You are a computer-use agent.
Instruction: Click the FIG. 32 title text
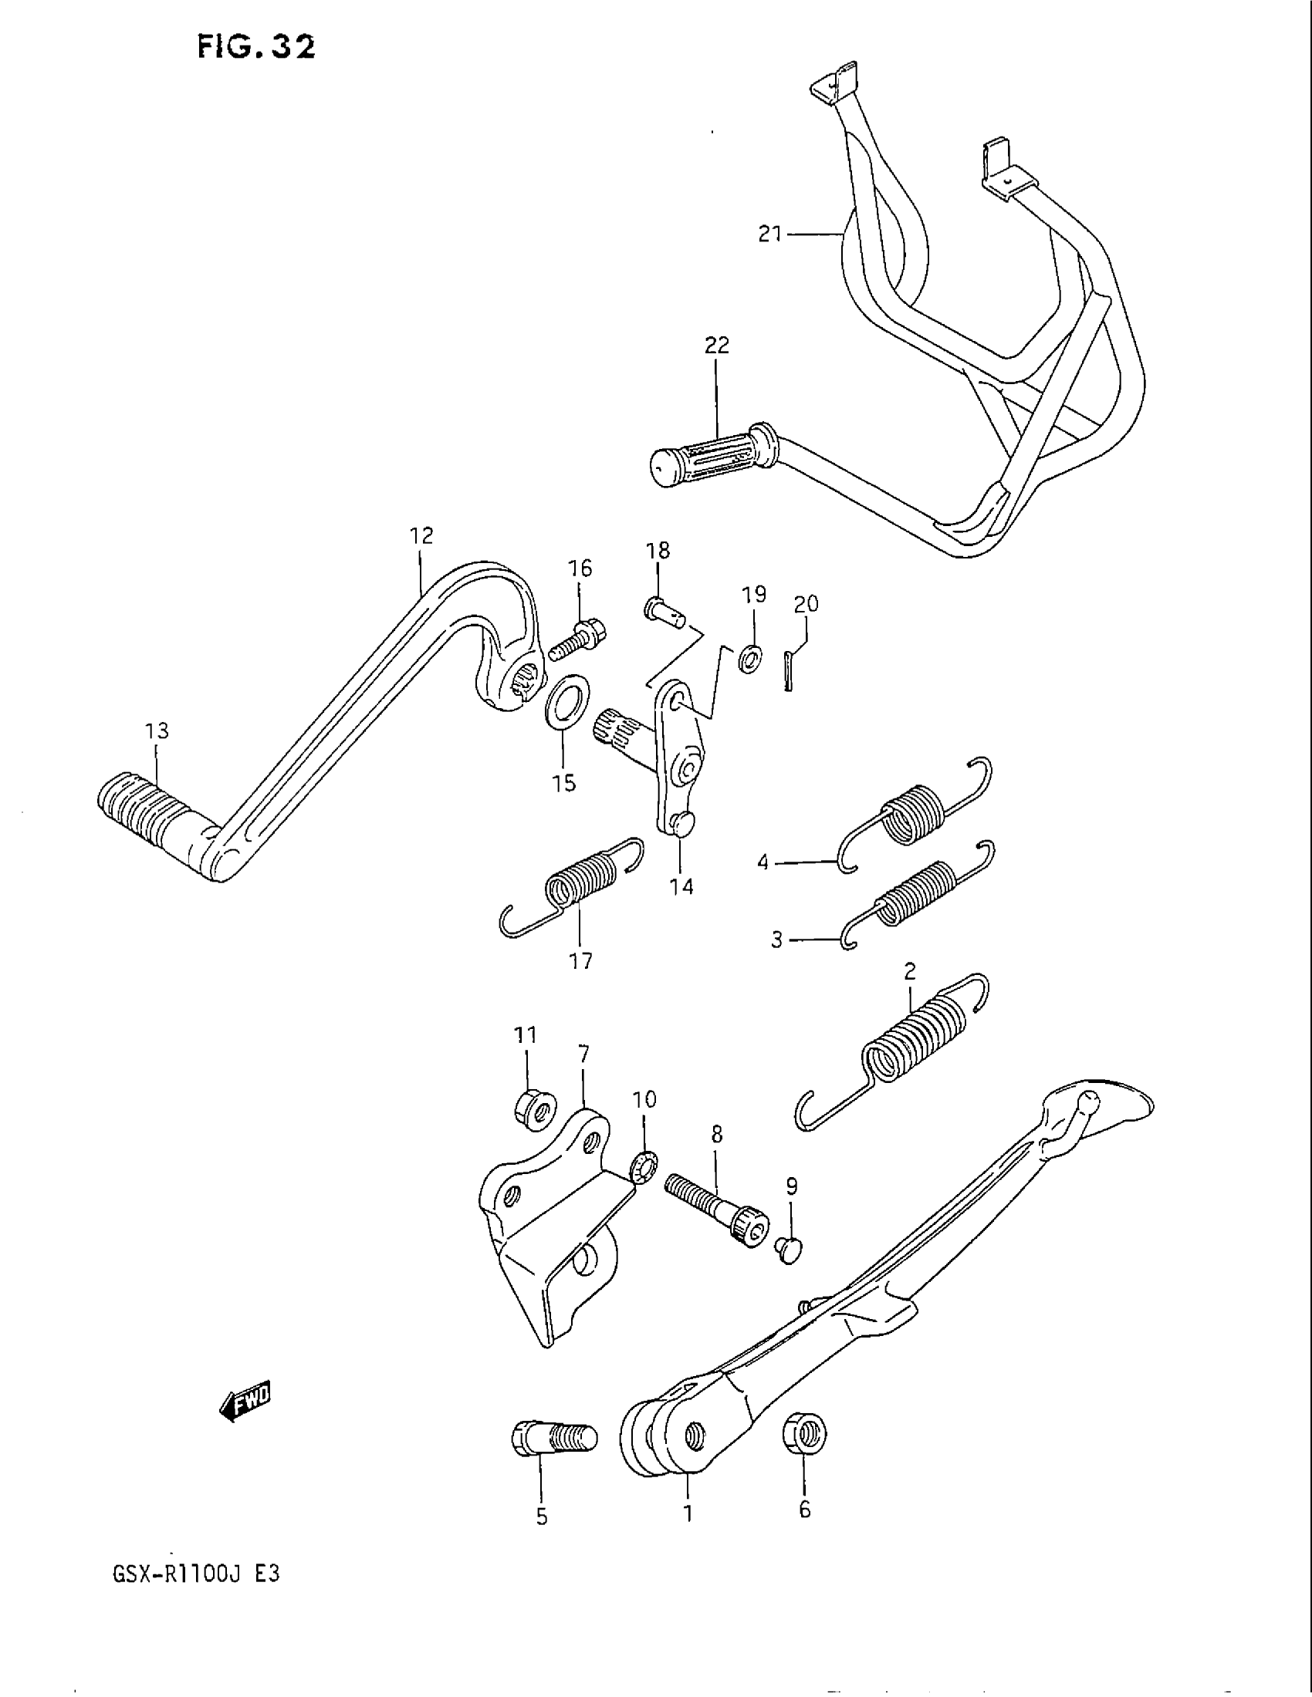[x=255, y=48]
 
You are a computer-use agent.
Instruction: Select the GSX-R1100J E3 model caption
[x=195, y=1574]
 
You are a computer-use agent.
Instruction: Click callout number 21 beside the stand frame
[x=769, y=233]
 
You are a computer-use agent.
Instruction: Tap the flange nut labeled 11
[x=534, y=1108]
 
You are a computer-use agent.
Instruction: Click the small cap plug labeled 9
[x=790, y=1250]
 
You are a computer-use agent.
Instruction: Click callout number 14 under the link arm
[x=681, y=886]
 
